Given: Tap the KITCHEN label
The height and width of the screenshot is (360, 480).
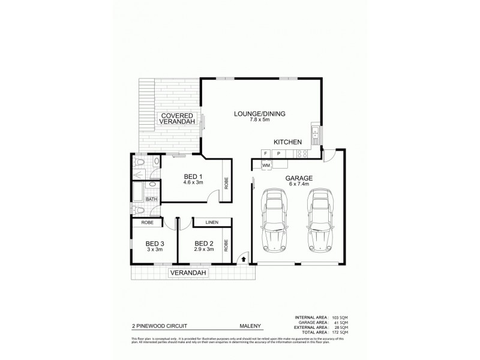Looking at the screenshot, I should click(287, 142).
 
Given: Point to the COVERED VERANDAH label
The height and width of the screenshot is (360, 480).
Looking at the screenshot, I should click(175, 118).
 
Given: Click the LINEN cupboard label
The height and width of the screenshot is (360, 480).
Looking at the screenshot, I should click(211, 223).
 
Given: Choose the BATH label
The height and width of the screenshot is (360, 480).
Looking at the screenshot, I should click(151, 199).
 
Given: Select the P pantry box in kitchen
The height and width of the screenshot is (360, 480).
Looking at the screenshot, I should click(278, 154).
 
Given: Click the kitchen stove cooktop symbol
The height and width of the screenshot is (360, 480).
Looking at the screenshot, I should click(303, 154).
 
